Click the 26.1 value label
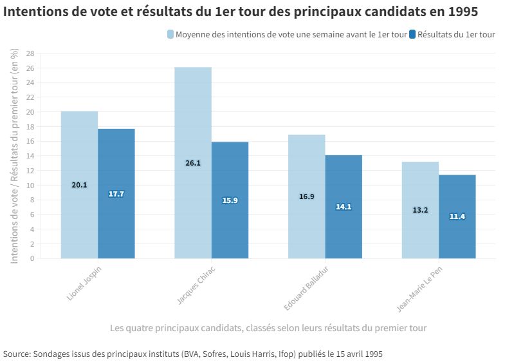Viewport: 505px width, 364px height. tap(193, 163)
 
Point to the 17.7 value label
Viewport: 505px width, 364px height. tap(116, 194)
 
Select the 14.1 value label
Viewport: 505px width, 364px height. tap(344, 207)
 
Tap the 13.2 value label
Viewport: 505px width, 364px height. tap(420, 210)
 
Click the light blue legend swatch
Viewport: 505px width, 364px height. tap(170, 34)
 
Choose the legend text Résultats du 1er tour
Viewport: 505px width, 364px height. tap(456, 34)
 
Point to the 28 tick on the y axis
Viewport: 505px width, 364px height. tap(30, 53)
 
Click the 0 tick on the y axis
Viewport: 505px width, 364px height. tap(32, 258)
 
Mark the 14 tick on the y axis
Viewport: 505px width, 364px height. tap(30, 156)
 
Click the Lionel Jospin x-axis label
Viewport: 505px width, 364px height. tap(84, 284)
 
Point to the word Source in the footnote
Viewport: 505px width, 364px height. tap(15, 354)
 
